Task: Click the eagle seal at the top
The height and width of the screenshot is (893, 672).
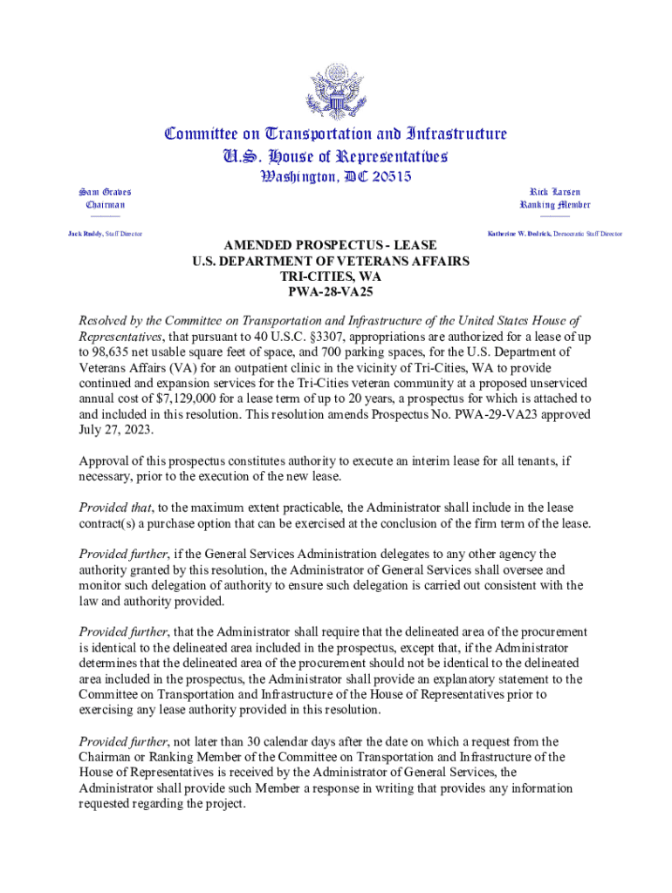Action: [336, 91]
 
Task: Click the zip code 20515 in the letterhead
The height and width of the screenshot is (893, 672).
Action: [385, 177]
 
